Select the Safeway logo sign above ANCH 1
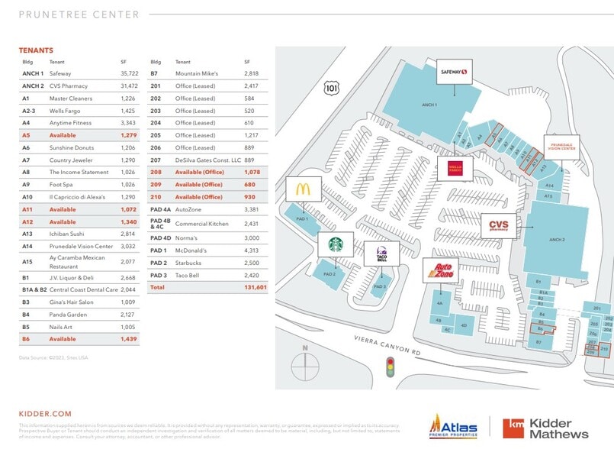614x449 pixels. point(453,73)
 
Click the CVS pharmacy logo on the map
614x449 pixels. point(500,224)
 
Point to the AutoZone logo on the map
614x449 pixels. point(442,270)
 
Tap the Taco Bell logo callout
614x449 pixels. point(381,254)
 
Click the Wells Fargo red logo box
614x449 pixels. point(451,169)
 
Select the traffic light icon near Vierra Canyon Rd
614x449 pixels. point(391,369)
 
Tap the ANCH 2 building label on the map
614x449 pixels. point(557,239)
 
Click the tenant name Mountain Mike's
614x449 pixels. point(197,74)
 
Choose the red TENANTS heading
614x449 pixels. point(36,50)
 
